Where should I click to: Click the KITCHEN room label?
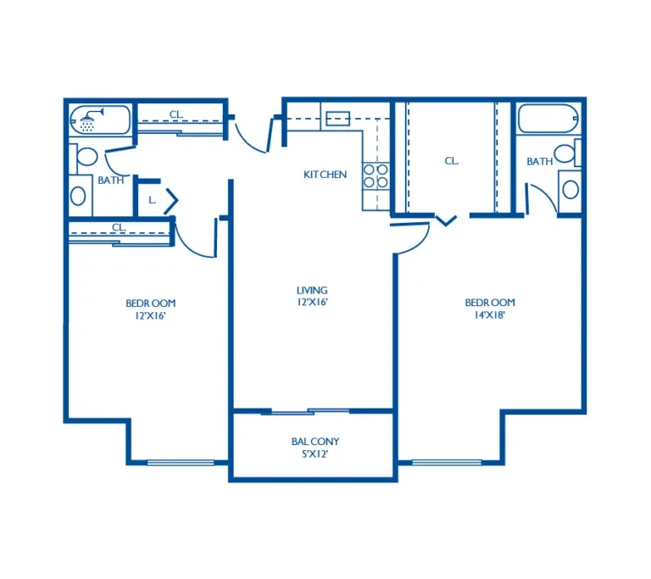[x=325, y=175]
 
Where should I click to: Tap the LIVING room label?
[x=312, y=290]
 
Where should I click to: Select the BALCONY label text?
[x=315, y=442]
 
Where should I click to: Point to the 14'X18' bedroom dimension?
[x=490, y=315]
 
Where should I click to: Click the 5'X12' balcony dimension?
[x=315, y=454]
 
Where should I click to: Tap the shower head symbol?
[x=91, y=120]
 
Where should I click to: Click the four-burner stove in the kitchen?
[x=376, y=176]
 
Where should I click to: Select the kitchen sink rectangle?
[x=338, y=119]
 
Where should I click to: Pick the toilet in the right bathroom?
[x=566, y=153]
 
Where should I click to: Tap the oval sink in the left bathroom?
[x=78, y=196]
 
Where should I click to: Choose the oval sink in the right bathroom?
[x=570, y=190]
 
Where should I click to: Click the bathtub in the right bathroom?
[x=548, y=119]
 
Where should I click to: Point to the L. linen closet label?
[x=153, y=200]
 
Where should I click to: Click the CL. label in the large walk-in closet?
[x=452, y=161]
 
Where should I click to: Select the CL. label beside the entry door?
[x=176, y=114]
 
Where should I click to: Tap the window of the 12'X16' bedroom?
[x=181, y=462]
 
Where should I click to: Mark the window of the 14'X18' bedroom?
[x=447, y=462]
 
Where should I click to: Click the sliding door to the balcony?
[x=310, y=411]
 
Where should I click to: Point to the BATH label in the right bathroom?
[x=540, y=161]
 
